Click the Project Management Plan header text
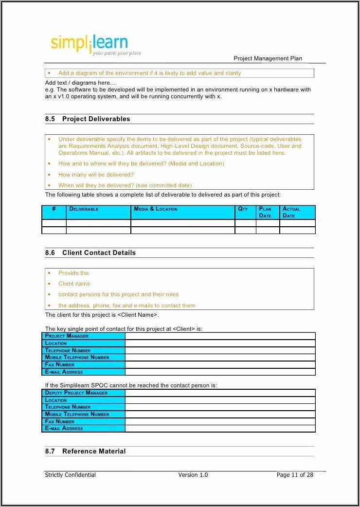tap(268, 58)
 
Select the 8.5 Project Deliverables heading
tap(88, 119)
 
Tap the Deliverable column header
tap(84, 209)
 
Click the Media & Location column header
tap(156, 209)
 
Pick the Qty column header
tap(243, 209)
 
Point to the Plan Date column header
tap(265, 212)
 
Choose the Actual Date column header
tap(291, 212)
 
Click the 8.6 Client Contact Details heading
tap(90, 253)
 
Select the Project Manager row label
tap(67, 336)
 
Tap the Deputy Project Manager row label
tap(76, 393)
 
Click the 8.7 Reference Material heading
tap(86, 451)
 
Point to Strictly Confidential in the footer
tap(70, 475)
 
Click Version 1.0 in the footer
tap(193, 475)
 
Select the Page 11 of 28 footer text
tap(295, 475)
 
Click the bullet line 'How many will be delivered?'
tap(96, 175)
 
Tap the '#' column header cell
tap(54, 209)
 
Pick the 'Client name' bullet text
tap(74, 284)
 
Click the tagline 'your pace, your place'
tap(117, 53)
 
